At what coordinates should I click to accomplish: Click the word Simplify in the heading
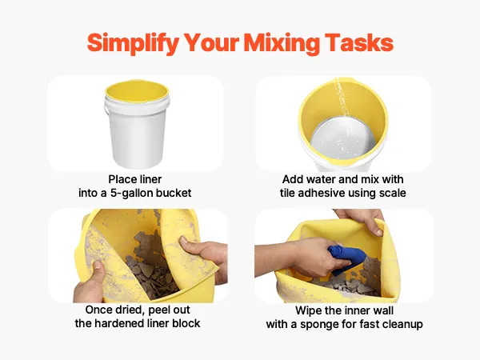tap(133, 43)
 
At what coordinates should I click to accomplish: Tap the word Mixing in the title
tap(282, 43)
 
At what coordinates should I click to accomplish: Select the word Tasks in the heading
tap(358, 42)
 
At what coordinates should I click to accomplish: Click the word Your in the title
tap(212, 42)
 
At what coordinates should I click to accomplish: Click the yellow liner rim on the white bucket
tap(137, 91)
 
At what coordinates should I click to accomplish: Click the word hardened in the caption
tap(131, 323)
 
